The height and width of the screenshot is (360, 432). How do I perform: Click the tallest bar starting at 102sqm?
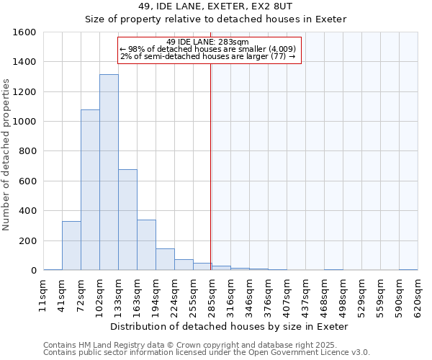tap(109, 173)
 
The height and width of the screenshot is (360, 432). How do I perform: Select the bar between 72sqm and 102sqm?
tap(90, 190)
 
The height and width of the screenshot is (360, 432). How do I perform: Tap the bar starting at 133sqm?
tap(127, 220)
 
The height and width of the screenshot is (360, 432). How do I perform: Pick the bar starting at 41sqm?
tap(71, 246)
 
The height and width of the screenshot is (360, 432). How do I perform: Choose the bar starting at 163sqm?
tap(146, 245)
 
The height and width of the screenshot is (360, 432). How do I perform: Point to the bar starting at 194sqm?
tap(165, 259)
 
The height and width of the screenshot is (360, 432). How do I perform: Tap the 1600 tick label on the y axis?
tap(25, 32)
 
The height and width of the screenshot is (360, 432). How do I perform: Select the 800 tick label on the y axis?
tap(28, 152)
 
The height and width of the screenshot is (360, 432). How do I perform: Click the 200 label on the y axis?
tap(28, 241)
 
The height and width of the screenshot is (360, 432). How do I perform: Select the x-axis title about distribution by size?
tap(230, 326)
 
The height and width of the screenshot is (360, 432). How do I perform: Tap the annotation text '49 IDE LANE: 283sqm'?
tap(207, 42)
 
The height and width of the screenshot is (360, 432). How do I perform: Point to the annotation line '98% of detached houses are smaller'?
tap(207, 49)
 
